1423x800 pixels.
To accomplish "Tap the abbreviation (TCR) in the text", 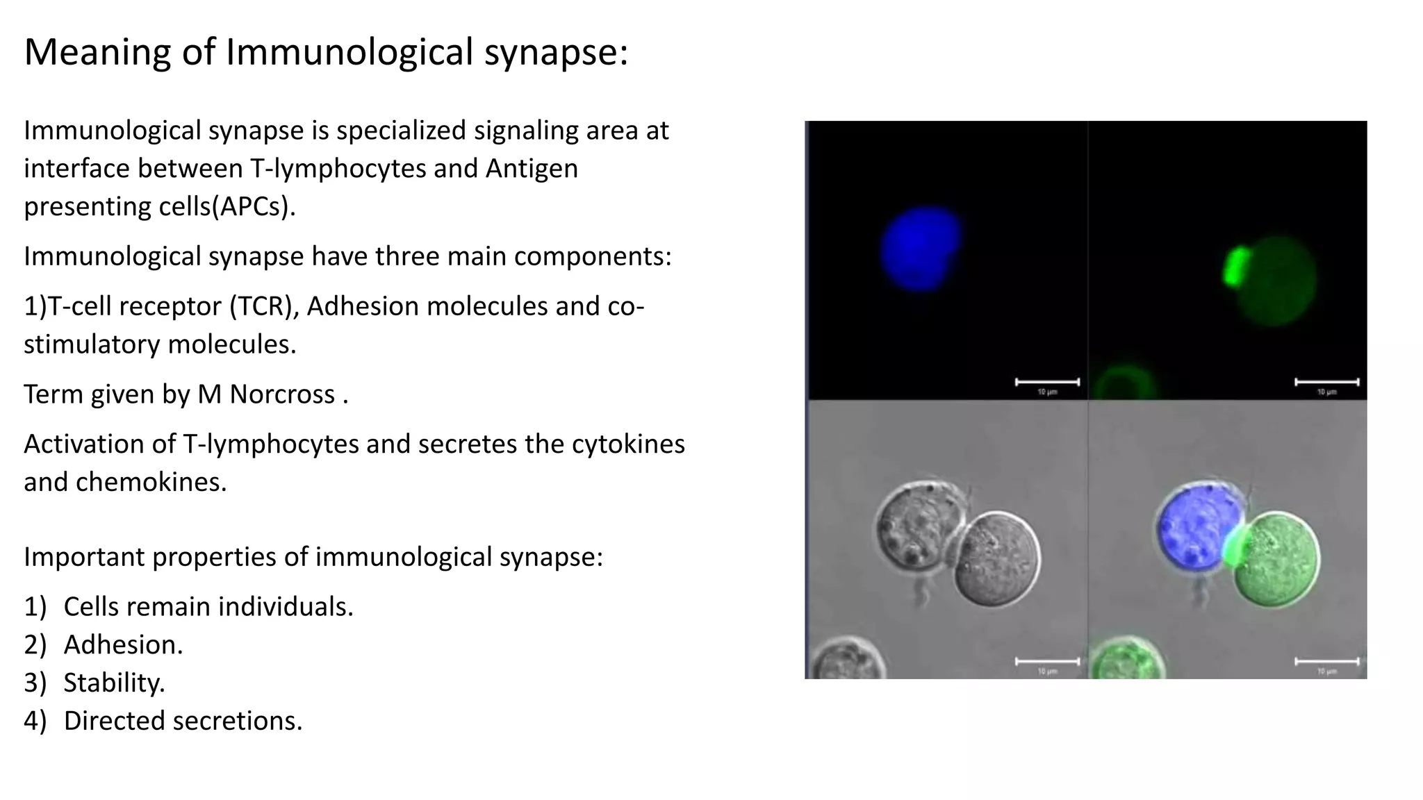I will [x=261, y=306].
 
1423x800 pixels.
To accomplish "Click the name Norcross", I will [x=282, y=394].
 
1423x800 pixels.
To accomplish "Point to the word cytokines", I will [x=628, y=444].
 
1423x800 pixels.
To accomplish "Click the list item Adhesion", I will [x=122, y=644].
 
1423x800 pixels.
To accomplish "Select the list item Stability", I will [x=114, y=683].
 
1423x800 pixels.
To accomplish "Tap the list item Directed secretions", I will [x=183, y=721].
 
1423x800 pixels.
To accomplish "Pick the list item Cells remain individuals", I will [x=208, y=606].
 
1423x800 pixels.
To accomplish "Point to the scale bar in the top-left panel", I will [x=1047, y=382].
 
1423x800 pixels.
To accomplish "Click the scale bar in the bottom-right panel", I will [x=1326, y=661].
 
